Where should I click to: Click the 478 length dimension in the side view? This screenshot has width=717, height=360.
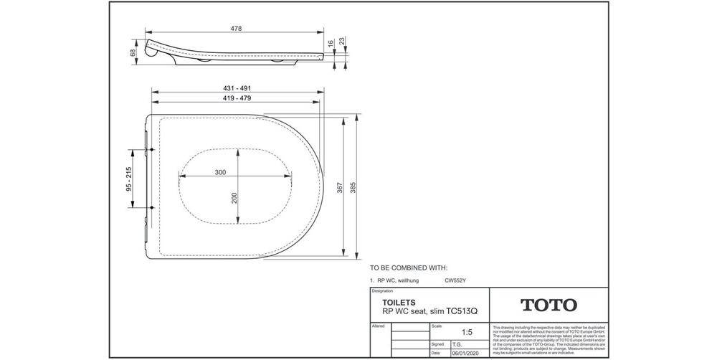(x=235, y=29)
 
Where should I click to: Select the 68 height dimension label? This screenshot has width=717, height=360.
(x=133, y=52)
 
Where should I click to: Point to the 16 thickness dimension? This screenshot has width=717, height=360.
(x=331, y=44)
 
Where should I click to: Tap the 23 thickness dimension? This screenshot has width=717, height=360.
(x=342, y=41)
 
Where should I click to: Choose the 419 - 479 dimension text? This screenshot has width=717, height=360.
(x=236, y=98)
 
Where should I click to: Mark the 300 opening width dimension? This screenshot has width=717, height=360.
(x=220, y=172)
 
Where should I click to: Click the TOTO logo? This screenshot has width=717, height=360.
(x=549, y=305)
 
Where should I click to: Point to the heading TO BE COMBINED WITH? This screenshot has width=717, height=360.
(x=408, y=267)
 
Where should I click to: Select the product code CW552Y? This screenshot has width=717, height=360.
(x=456, y=281)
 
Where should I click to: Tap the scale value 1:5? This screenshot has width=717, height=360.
(x=467, y=333)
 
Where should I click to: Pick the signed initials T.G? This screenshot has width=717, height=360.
(x=457, y=344)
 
